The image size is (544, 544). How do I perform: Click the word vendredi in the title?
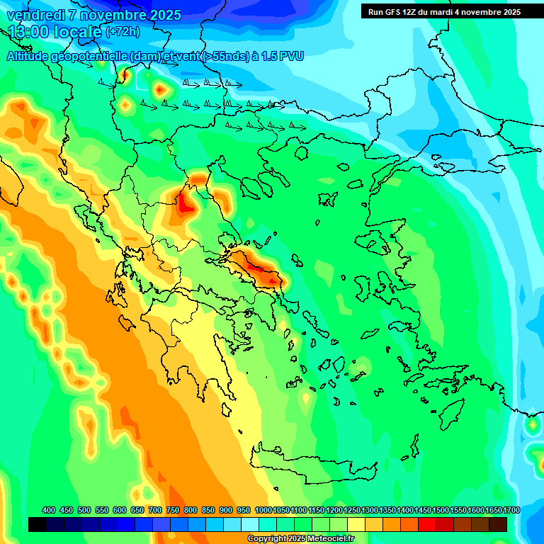pyautogui.click(x=34, y=15)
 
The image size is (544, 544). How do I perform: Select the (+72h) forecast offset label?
pyautogui.click(x=123, y=32)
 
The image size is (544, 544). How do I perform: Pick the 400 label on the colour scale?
pyautogui.click(x=49, y=510)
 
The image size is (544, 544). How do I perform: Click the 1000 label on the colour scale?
pyautogui.click(x=263, y=510)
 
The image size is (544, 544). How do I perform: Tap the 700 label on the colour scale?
pyautogui.click(x=155, y=510)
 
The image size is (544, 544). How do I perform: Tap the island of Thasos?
pyautogui.click(x=301, y=152)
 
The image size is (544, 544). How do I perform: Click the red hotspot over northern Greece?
pyautogui.click(x=188, y=204)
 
